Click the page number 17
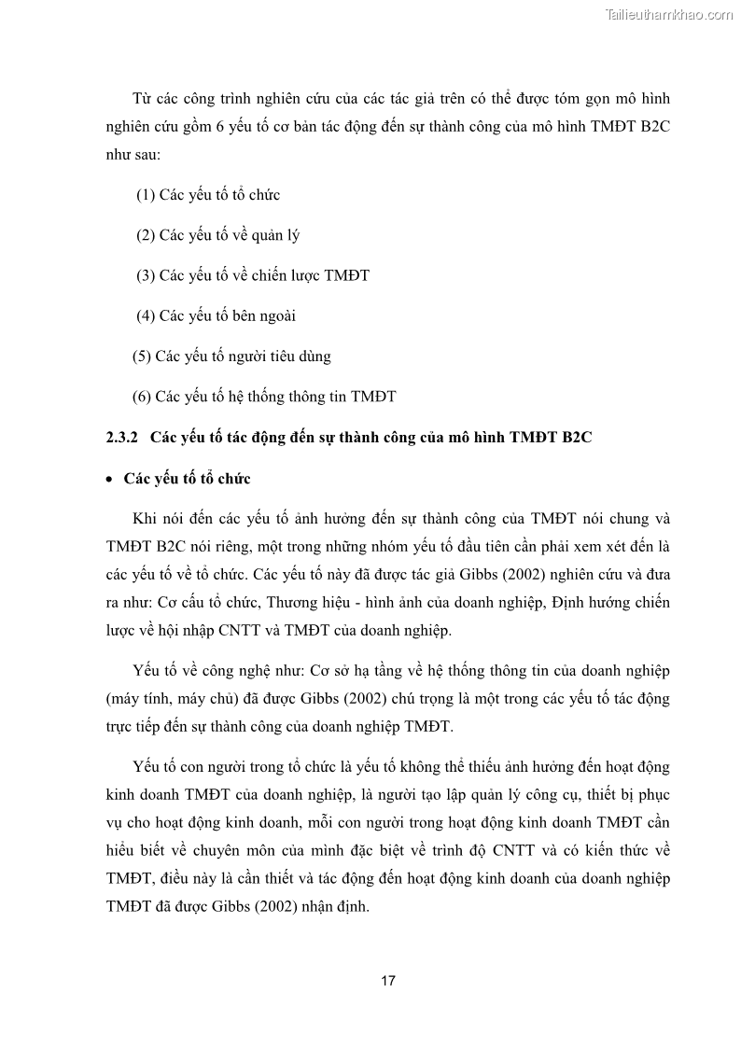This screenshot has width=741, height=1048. pos(388,981)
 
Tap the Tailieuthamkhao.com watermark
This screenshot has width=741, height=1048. pos(669,14)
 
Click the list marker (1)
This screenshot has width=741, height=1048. pos(146,195)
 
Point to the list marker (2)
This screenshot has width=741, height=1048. pos(146,235)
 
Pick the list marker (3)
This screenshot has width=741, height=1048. pos(146,275)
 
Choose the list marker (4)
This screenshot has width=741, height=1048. pos(146,315)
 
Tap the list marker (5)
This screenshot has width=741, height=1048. pos(142,356)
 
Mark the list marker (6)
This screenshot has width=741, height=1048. pos(142,397)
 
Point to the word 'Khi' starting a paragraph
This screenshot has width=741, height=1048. pos(146,518)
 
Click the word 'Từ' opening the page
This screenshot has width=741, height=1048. pos(144,99)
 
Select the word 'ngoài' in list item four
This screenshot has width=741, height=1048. pos(276,315)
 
